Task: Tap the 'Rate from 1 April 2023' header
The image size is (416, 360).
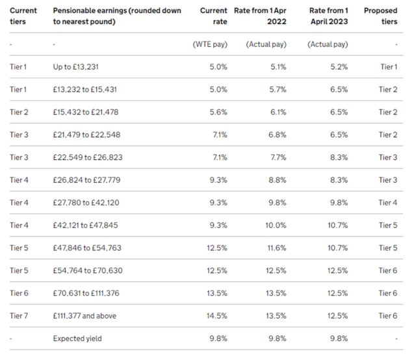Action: click(x=328, y=16)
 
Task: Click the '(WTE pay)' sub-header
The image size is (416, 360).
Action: click(x=209, y=45)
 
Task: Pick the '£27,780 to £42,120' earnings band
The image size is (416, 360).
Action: click(x=87, y=203)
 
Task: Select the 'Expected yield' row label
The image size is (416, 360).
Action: click(x=77, y=338)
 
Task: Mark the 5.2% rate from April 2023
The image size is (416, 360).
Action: click(x=338, y=67)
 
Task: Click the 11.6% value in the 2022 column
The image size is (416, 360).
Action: click(x=276, y=248)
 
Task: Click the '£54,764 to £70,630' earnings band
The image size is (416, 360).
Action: click(x=87, y=270)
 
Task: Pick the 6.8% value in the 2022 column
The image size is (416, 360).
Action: click(x=276, y=135)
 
